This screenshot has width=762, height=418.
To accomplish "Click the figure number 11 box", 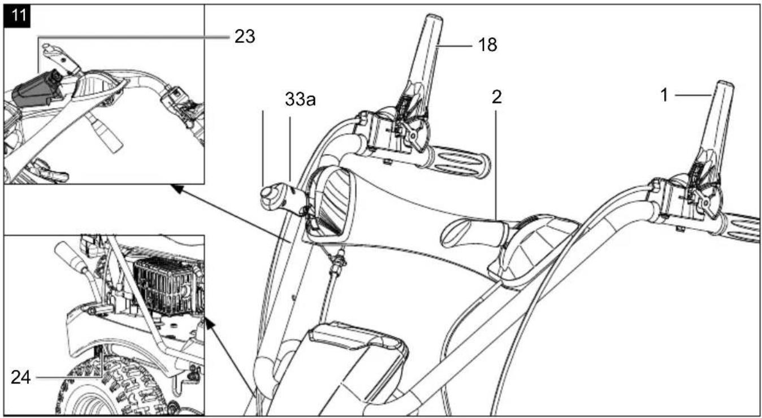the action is point(17,16).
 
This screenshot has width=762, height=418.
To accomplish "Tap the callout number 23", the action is point(245,36).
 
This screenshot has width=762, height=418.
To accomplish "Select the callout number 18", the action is point(487,45).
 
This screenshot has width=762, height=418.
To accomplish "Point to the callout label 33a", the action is point(300,99).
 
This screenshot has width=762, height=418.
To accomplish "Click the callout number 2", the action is point(497,97).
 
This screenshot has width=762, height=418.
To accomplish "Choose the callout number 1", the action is point(664,95).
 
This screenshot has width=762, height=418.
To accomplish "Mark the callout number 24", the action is point(21,377).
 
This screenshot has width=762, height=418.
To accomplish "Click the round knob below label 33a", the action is point(269,197).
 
